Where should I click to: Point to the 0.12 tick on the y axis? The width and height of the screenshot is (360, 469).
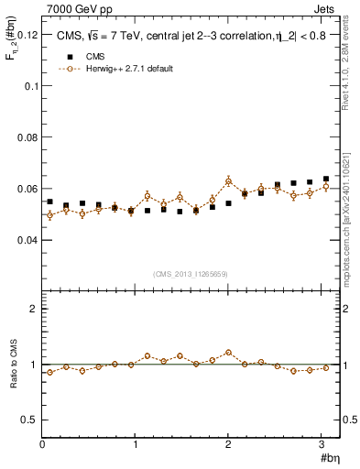click(27, 34)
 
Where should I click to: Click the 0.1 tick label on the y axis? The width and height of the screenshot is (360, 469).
click(30, 85)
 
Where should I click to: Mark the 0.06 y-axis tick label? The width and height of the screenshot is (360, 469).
click(27, 189)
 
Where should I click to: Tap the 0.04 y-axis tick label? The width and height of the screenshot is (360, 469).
click(27, 240)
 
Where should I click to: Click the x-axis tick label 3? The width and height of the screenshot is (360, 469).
click(322, 444)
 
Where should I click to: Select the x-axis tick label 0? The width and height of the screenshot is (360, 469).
click(42, 444)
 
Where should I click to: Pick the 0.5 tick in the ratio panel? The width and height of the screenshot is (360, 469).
click(30, 420)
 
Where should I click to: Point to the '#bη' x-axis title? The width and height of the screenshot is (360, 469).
click(329, 457)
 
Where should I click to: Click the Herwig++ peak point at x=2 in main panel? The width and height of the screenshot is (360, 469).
click(228, 180)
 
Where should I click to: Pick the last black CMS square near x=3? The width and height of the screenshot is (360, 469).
click(326, 179)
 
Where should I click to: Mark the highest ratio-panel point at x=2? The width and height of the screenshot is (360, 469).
click(228, 352)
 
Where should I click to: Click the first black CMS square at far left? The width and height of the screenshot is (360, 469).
click(49, 202)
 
